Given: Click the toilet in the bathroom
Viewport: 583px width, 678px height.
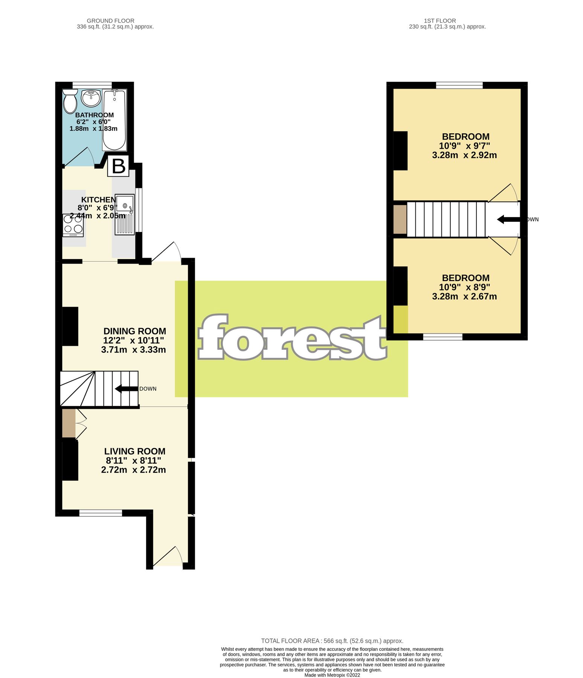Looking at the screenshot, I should (70, 101).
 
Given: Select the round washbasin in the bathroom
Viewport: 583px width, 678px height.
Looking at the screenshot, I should (91, 98).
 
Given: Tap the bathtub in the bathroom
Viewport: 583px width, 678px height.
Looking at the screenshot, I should (114, 120).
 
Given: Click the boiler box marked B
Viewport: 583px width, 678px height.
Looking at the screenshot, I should (119, 166).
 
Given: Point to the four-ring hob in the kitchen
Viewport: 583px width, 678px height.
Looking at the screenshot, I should (73, 225).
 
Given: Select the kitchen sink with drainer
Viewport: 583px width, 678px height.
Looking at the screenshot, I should (125, 214).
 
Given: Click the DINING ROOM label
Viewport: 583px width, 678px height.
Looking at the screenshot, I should (134, 331).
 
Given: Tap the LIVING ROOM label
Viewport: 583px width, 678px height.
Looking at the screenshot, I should (134, 451).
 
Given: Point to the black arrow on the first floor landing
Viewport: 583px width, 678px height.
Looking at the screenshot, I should (508, 219).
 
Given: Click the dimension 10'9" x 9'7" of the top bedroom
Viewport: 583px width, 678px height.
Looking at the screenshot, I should (464, 146).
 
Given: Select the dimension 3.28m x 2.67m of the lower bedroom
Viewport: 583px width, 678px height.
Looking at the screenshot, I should (464, 296).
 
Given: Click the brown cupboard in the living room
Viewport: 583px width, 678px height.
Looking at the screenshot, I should (69, 423).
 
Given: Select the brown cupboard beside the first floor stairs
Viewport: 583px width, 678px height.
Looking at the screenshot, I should (400, 219).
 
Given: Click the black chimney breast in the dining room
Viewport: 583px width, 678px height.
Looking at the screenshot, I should (70, 326).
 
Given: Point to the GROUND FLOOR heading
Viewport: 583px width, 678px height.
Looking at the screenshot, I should (110, 21).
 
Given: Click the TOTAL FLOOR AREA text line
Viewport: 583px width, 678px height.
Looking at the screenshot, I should (332, 641).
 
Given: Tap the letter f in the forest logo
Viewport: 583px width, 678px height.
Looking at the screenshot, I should (215, 337).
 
